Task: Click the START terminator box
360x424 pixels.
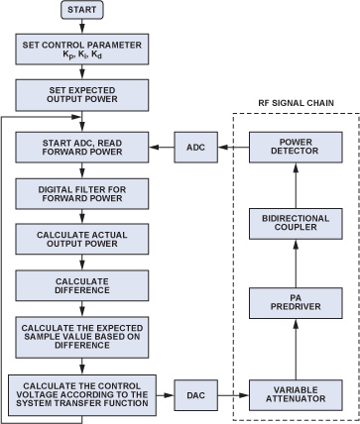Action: coord(82,10)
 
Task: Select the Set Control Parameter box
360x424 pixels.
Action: coord(82,49)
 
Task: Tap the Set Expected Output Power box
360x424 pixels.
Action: coord(82,95)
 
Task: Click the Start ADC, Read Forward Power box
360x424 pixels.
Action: coord(82,148)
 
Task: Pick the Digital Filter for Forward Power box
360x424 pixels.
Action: coord(82,194)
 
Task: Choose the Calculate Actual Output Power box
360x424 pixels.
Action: coord(82,240)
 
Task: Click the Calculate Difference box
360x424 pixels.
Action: coord(82,285)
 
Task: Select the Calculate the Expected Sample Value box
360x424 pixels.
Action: coord(82,337)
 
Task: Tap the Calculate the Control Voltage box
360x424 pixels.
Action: coord(82,395)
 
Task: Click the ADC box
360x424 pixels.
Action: coord(196,148)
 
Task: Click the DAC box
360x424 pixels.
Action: coord(196,395)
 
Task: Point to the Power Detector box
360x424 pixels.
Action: coord(296,148)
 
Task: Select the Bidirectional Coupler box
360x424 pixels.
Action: coord(296,224)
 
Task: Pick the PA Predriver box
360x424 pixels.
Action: coord(296,303)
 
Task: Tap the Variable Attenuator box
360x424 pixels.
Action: coord(296,395)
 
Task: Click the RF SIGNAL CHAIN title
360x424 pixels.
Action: coord(296,103)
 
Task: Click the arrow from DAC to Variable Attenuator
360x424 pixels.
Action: coord(233,395)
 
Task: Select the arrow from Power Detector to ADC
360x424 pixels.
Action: coord(233,148)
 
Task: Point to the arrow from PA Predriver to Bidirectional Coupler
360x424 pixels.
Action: coord(296,264)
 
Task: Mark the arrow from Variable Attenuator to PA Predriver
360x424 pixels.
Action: coord(296,350)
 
